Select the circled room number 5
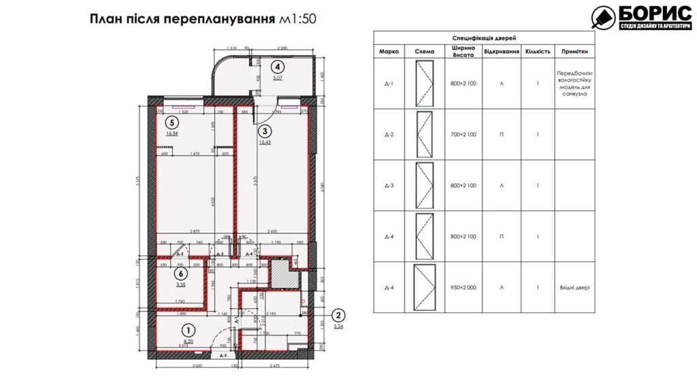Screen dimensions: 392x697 click(173, 123)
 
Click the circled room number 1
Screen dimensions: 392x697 click(188, 329)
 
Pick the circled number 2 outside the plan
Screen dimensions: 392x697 click(338, 314)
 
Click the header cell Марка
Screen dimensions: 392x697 click(389, 51)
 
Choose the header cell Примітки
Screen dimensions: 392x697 click(572, 51)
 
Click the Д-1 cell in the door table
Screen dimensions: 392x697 click(389, 84)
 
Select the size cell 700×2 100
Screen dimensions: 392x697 click(464, 135)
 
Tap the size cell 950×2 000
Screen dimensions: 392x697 click(464, 287)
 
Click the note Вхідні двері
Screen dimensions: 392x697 click(572, 287)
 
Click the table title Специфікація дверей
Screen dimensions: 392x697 click(484, 39)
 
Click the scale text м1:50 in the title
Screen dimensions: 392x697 click(298, 19)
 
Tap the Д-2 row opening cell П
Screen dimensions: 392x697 click(502, 135)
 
